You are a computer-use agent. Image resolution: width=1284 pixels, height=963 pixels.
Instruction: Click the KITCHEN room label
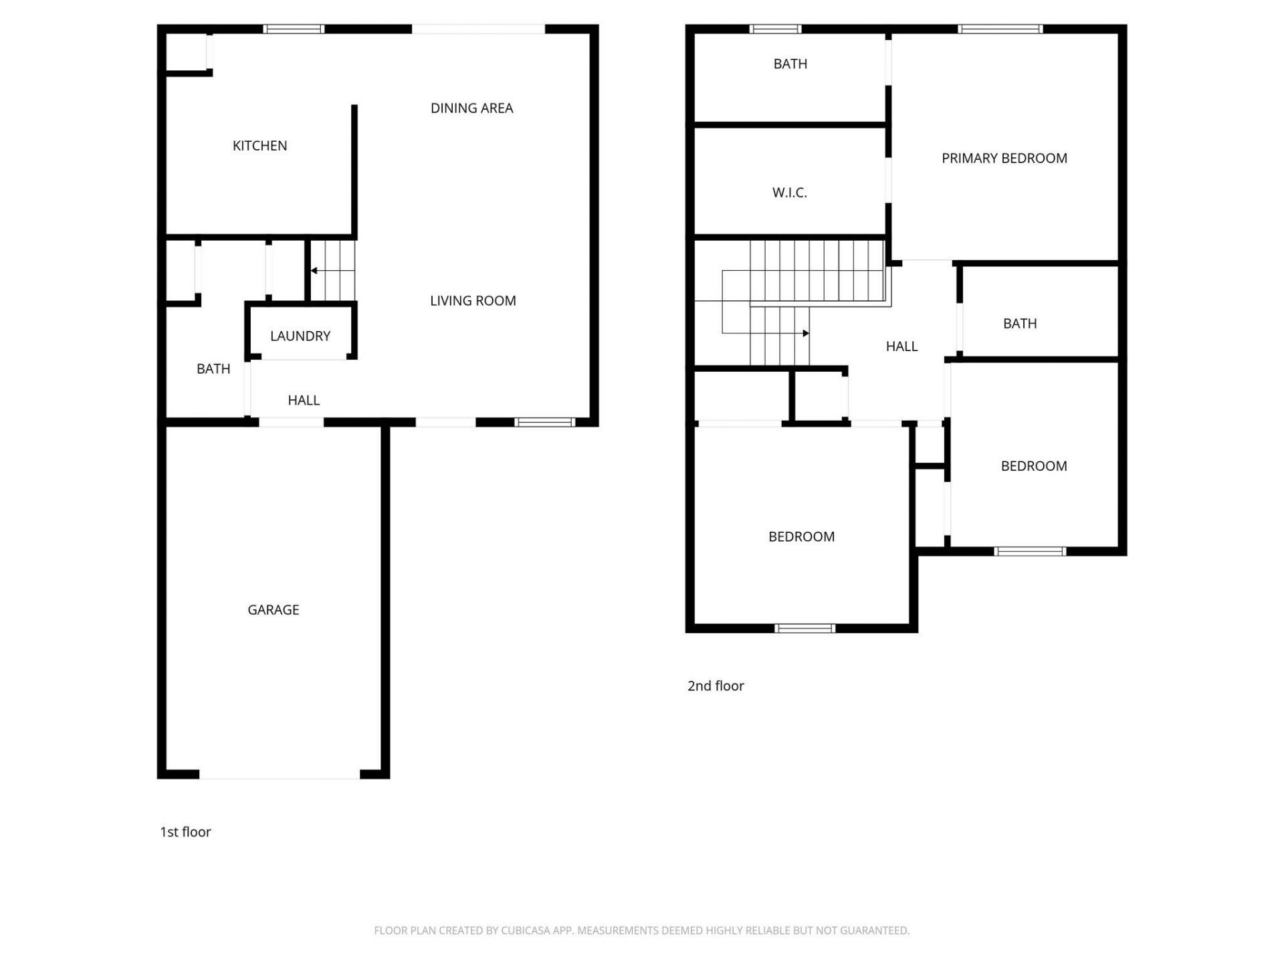pos(259,146)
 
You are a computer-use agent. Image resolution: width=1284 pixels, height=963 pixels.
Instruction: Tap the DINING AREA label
pos(471,108)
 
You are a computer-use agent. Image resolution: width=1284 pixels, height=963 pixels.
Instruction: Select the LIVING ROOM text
pos(473,301)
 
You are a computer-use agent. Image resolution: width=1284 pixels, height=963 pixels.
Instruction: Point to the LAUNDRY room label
pos(300,336)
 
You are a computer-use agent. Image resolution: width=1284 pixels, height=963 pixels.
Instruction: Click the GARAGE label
pos(273,610)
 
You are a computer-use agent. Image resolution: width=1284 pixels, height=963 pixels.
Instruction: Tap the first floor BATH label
pos(213,369)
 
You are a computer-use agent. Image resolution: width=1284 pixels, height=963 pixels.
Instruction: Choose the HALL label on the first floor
pos(304,401)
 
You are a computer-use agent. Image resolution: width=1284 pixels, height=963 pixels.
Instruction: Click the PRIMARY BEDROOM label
pos(1004,158)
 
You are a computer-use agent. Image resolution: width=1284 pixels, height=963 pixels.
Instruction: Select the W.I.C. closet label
pos(789,193)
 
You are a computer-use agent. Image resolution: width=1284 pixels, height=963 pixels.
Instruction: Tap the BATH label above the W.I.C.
pos(790,64)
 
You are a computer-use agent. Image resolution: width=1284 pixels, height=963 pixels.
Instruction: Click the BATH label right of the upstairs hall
pos(1019,324)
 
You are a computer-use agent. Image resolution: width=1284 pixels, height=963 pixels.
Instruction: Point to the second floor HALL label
pos(901,346)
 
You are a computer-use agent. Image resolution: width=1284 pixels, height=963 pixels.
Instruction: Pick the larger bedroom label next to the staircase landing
pos(801,537)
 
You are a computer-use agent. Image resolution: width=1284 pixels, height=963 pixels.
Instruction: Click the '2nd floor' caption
pos(716,686)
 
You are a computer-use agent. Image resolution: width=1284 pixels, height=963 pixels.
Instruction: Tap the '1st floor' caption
pos(185,832)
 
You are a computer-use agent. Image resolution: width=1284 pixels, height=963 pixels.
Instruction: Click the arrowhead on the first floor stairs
pos(314,271)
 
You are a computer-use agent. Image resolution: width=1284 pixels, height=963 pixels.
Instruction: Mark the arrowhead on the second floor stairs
pos(806,333)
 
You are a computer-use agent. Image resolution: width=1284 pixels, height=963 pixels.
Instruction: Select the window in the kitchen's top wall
pos(294,29)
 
